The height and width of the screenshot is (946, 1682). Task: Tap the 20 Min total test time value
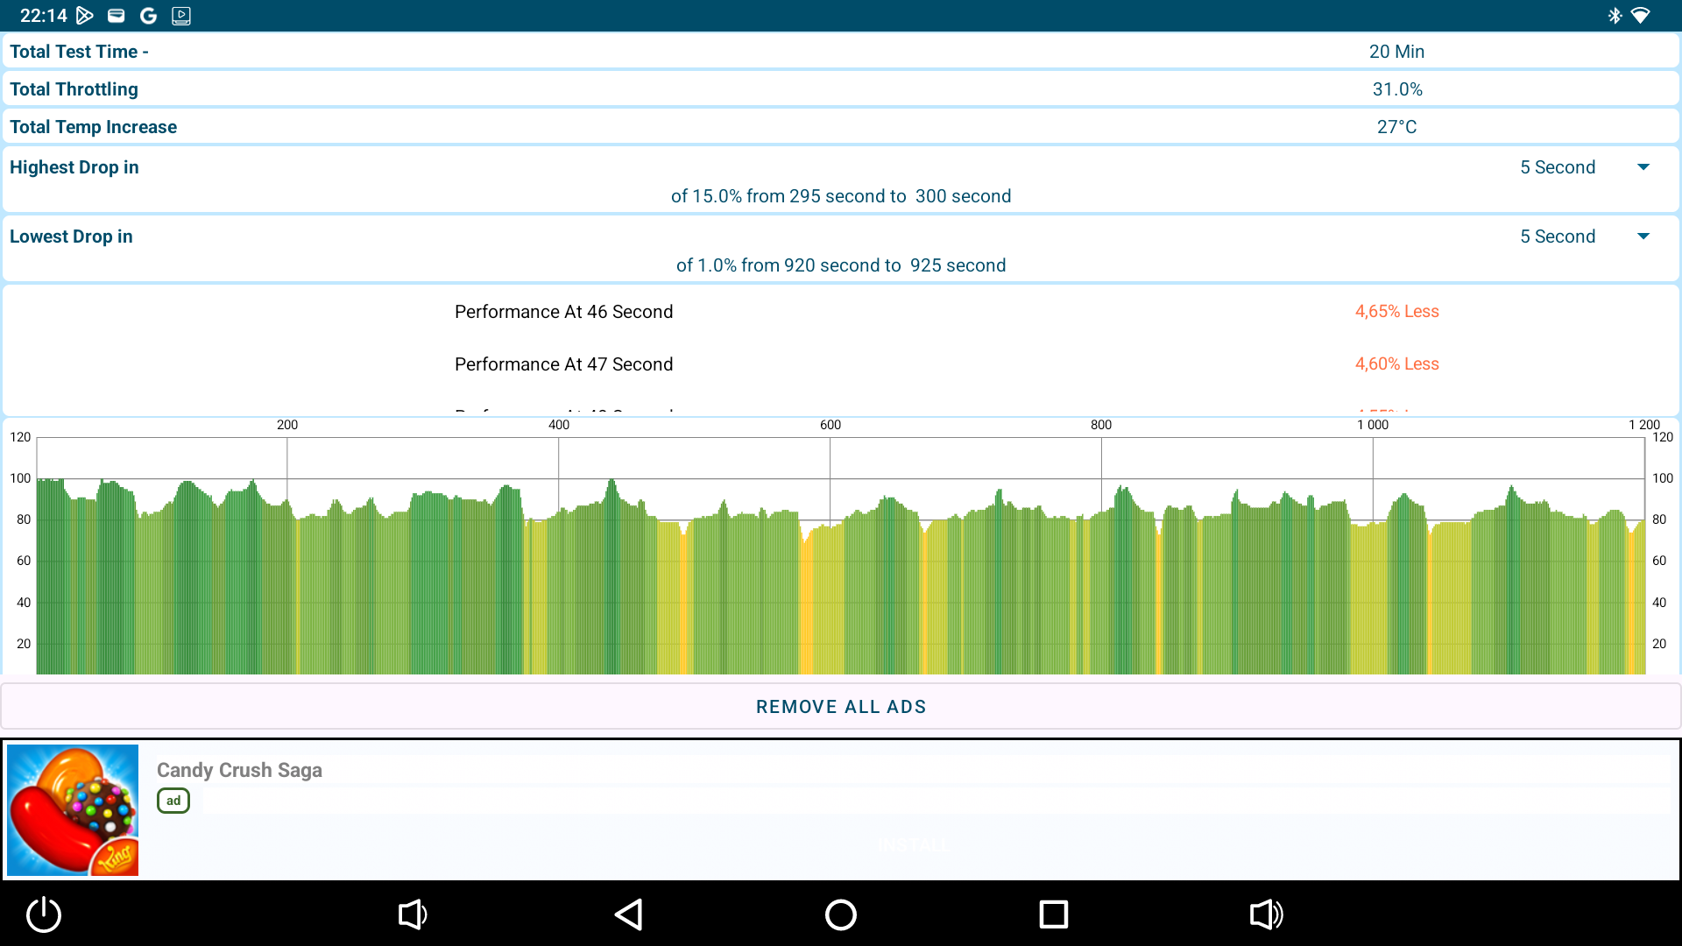coord(1396,52)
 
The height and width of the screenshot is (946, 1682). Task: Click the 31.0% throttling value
coord(1397,89)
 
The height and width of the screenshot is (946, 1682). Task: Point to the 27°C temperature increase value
coord(1396,127)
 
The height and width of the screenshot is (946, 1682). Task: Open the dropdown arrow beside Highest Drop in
coord(1643,167)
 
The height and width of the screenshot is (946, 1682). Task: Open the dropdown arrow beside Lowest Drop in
coord(1643,236)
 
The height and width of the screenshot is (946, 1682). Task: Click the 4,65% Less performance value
coord(1396,312)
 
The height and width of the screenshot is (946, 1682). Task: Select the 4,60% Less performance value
coord(1396,364)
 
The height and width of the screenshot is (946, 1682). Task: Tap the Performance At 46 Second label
coord(563,312)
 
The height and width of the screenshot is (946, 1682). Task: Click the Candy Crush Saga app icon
coord(73,810)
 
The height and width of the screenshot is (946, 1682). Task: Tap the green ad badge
coord(173,801)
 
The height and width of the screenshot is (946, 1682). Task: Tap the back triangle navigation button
coord(629,914)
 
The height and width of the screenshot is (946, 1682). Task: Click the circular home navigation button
coord(841,914)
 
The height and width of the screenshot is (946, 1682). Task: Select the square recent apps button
coord(1053,914)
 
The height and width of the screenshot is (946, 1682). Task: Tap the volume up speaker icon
coord(1266,914)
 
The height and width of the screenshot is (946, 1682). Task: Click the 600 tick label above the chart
coord(830,425)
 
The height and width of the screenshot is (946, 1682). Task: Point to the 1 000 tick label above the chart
coord(1373,425)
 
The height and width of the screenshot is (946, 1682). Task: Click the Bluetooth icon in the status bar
coord(1615,16)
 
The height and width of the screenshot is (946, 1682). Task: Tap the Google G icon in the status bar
coord(148,16)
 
